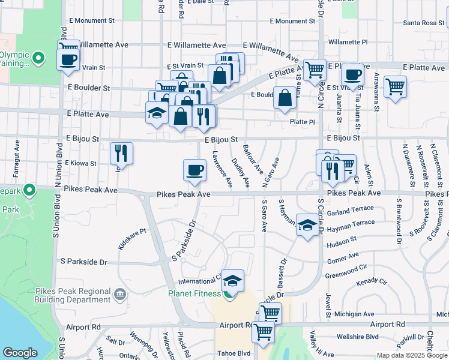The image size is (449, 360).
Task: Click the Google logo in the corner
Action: [20, 353]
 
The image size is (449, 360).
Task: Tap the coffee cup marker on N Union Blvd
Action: [68, 59]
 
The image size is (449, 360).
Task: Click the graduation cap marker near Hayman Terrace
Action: [307, 225]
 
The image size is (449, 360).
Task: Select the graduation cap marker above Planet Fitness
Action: [232, 280]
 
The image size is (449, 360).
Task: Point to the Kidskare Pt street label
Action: [132, 238]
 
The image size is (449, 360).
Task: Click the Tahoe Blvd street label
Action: [234, 353]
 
